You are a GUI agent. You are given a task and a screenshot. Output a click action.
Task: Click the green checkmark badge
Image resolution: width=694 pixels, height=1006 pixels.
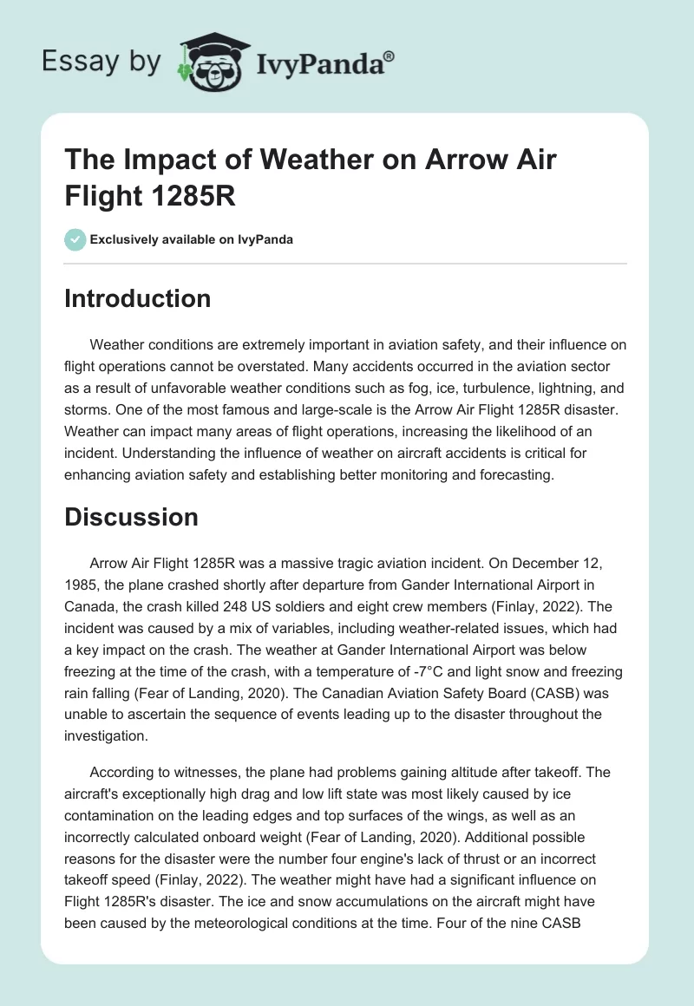pos(75,239)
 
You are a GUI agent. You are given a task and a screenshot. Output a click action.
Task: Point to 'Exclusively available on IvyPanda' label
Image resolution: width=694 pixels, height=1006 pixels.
pos(191,239)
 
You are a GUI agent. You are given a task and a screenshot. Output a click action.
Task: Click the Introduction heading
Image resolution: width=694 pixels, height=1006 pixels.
pos(138,298)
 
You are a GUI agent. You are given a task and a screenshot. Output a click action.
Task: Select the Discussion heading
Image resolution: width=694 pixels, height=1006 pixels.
pos(132,517)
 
